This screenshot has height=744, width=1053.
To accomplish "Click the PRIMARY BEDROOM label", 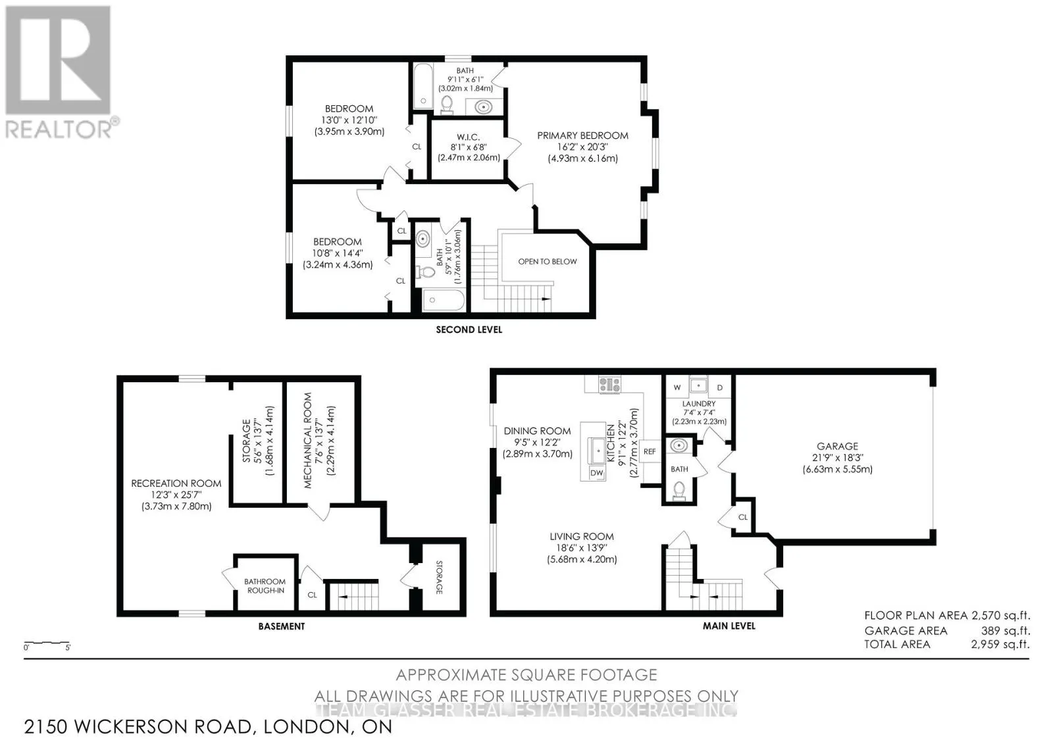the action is click(582, 136).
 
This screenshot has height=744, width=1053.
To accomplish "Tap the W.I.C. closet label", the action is click(468, 137).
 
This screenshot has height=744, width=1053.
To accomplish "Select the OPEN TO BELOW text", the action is click(547, 262).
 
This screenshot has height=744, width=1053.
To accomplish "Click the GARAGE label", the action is click(837, 446).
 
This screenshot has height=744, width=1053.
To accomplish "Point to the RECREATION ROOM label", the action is click(176, 483).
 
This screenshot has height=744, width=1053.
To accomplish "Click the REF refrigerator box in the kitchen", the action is click(649, 451).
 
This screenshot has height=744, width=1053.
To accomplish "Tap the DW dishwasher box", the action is click(596, 473).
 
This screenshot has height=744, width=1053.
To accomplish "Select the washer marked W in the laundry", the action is click(677, 387).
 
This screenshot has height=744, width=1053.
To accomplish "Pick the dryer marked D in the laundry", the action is click(720, 387).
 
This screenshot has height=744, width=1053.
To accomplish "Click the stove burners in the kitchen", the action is click(609, 384).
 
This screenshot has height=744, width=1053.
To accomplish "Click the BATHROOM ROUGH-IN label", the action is click(265, 586).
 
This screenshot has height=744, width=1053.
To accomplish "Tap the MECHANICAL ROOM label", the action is click(308, 441).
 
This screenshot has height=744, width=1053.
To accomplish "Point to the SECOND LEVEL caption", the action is click(469, 330).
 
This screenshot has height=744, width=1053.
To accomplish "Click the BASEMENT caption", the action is click(282, 626).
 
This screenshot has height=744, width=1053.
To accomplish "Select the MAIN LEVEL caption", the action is click(729, 626).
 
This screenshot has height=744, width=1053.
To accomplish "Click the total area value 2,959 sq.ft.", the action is click(1000, 645).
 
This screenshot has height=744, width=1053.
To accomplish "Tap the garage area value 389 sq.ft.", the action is click(1006, 631).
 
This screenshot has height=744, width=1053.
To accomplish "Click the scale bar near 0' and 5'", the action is click(47, 643).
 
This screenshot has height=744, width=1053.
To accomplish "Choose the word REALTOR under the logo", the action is click(59, 129).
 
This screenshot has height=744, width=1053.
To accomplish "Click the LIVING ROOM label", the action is click(582, 536).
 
